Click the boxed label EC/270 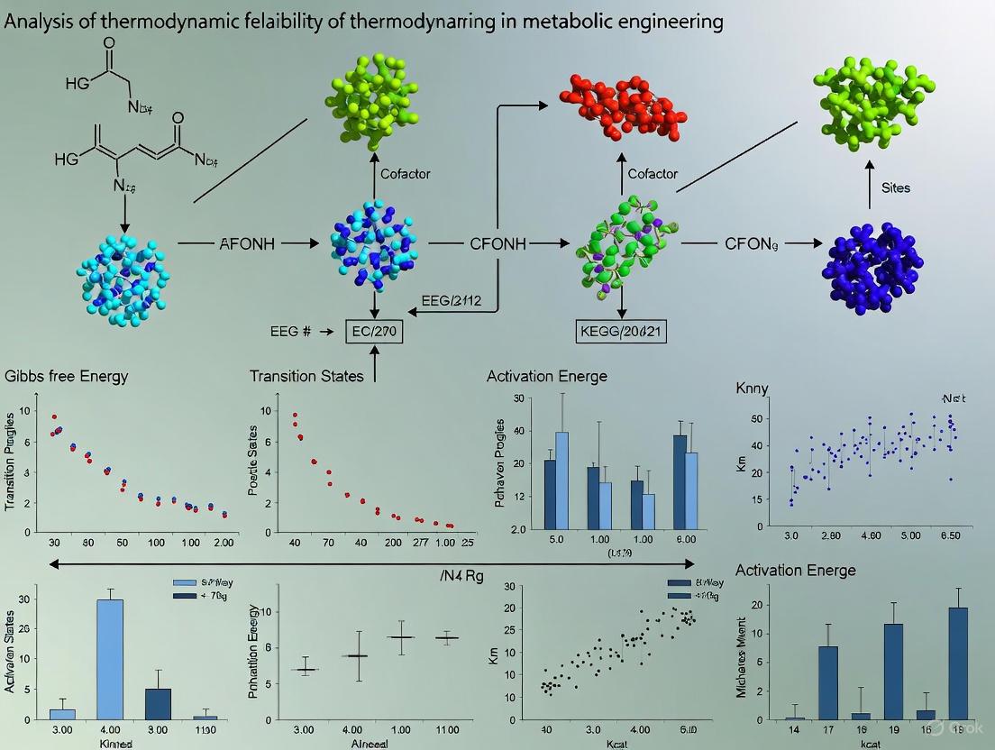coord(374,331)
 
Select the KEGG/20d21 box coord(621,331)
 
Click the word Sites coord(895,187)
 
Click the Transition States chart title coord(306,375)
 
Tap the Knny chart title coord(753,388)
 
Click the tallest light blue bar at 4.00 coord(110,658)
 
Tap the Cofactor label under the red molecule coord(653,173)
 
